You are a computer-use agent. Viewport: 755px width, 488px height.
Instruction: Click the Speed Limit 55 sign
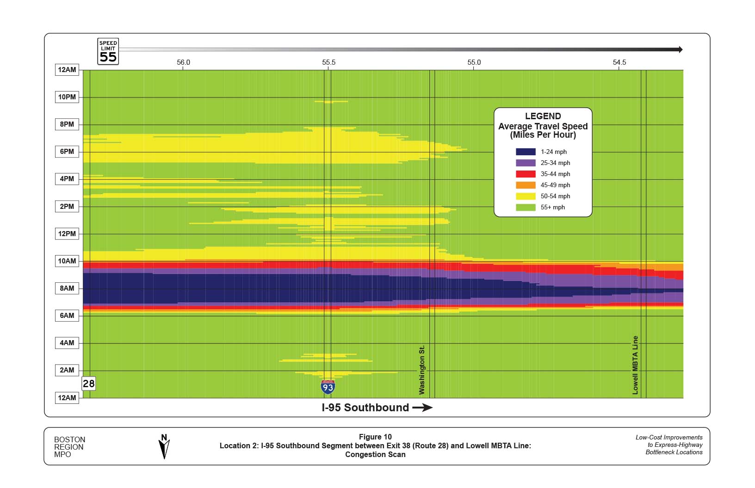tap(108, 51)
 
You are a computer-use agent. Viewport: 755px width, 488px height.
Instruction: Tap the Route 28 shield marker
tap(88, 384)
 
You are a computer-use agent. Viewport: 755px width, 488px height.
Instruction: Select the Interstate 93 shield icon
tap(328, 387)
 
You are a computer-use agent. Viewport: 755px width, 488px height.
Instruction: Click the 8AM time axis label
tap(67, 288)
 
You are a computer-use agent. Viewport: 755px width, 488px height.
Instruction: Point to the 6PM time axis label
tap(67, 152)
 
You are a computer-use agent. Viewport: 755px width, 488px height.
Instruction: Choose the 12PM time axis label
tap(67, 234)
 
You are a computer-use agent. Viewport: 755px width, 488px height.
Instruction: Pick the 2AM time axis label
tap(67, 370)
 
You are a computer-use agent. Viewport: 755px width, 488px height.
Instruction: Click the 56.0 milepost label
tap(183, 62)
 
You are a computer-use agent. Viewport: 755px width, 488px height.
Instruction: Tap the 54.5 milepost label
tap(619, 62)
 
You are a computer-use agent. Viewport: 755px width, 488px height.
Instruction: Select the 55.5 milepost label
tap(328, 62)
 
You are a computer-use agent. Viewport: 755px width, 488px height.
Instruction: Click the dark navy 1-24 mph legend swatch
tap(526, 152)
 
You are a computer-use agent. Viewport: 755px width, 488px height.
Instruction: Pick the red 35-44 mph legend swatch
tap(526, 174)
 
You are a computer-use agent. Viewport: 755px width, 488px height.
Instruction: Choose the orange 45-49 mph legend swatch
tap(526, 185)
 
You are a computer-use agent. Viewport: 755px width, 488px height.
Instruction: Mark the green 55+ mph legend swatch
tap(526, 207)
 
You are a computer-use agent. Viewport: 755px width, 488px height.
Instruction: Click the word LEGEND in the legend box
tap(543, 116)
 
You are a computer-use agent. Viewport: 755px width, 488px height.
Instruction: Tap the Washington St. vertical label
tap(421, 370)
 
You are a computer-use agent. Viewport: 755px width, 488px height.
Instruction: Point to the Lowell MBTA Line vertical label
tap(635, 365)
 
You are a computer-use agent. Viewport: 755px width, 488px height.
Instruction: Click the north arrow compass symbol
tap(164, 446)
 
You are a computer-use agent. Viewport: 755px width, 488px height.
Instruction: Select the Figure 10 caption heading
tap(375, 437)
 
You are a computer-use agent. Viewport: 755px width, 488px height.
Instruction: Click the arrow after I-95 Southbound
tap(422, 408)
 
